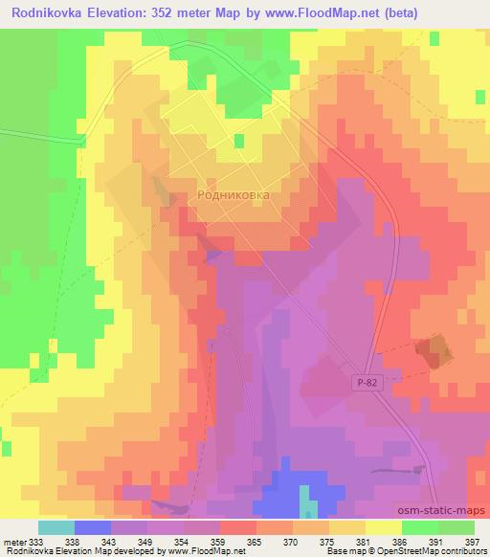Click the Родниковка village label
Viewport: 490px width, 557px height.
click(x=234, y=193)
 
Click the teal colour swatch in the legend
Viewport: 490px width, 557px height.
click(x=56, y=527)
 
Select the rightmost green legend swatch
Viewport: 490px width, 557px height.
click(x=457, y=527)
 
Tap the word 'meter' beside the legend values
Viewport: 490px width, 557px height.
click(x=15, y=541)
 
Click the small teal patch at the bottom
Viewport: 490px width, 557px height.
click(x=306, y=501)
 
